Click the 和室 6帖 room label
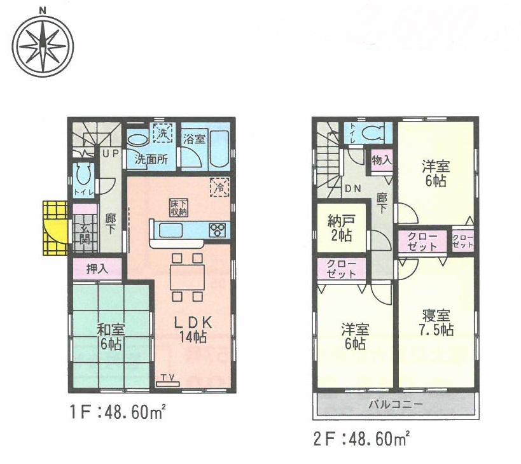pos(111,337)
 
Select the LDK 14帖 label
pos(192,329)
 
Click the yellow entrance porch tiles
pos(54,227)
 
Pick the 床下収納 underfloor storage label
pos(177,207)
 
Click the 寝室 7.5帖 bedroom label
pos(436,323)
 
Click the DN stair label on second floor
pos(352,188)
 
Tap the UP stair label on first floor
pos(111,154)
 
